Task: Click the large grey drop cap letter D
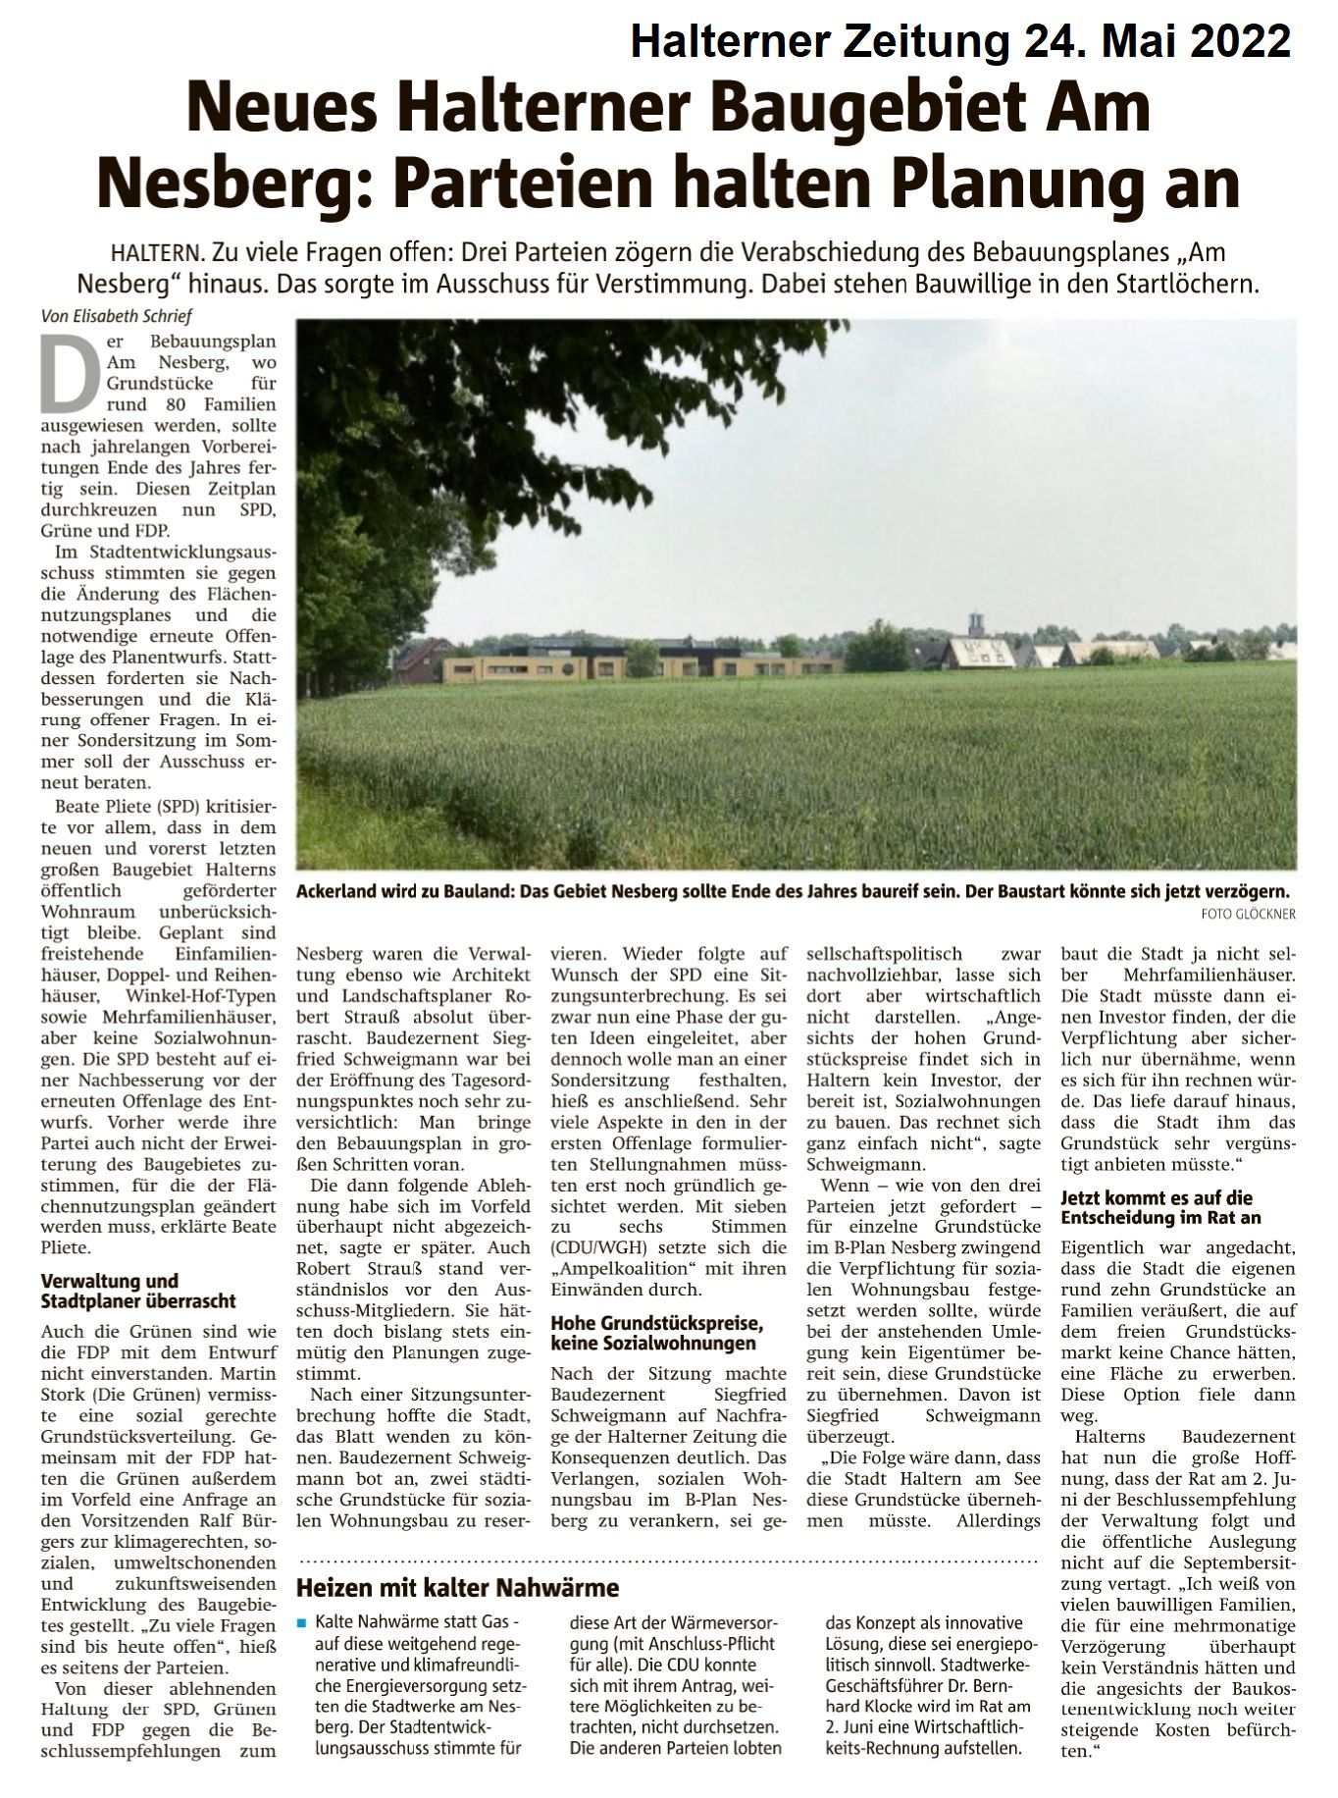click(63, 373)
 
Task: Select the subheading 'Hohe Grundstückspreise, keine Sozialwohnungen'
click(656, 1332)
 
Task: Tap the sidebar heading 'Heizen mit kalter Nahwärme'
click(458, 1586)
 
